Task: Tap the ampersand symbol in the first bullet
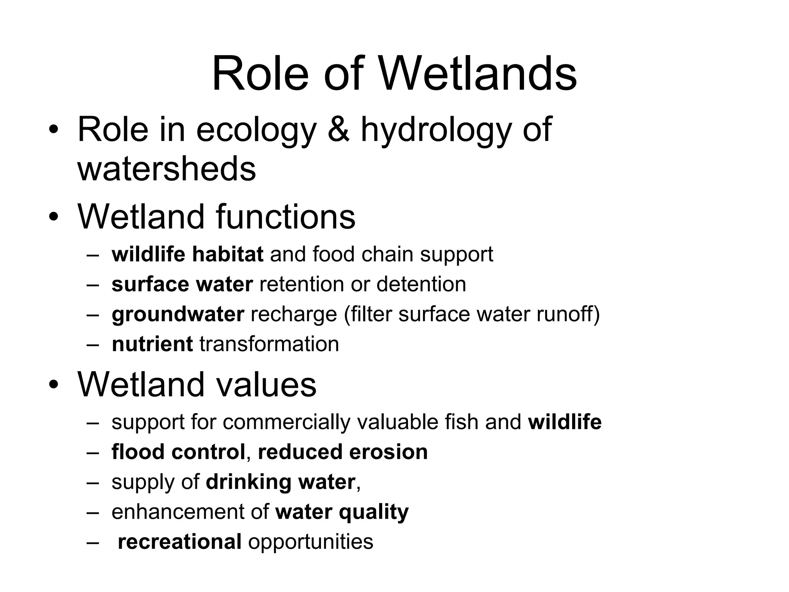pyautogui.click(x=339, y=129)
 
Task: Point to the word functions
pyautogui.click(x=285, y=217)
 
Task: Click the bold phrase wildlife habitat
pyautogui.click(x=187, y=254)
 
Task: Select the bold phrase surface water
pyautogui.click(x=182, y=284)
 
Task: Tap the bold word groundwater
pyautogui.click(x=178, y=314)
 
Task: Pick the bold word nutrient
pyautogui.click(x=152, y=344)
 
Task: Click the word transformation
pyautogui.click(x=269, y=344)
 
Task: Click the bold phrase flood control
pyautogui.click(x=178, y=452)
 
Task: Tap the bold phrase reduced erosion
pyautogui.click(x=342, y=452)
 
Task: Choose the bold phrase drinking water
pyautogui.click(x=280, y=482)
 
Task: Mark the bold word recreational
pyautogui.click(x=180, y=542)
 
